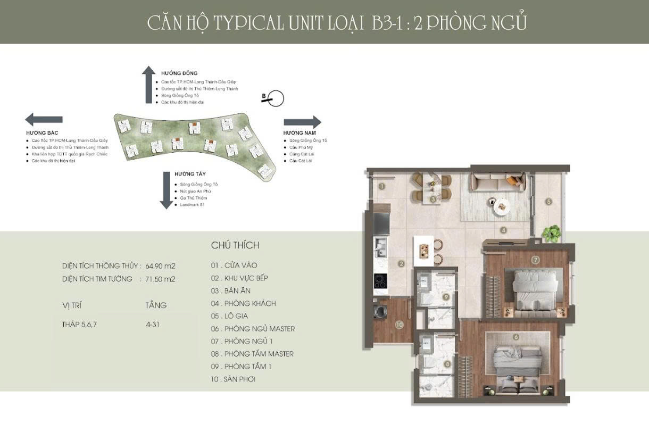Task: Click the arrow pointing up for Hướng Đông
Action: (148, 85)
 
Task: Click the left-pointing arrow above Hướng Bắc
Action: (44, 120)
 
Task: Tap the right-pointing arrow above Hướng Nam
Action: (302, 122)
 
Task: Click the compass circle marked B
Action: (276, 98)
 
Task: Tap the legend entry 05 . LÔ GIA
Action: (229, 316)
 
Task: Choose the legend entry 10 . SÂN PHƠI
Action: (233, 379)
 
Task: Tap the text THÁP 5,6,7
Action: (79, 323)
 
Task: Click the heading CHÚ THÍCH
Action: (235, 245)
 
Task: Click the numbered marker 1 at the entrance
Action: (382, 186)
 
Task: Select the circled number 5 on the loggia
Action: (548, 202)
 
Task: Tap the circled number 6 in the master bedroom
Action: (515, 337)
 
